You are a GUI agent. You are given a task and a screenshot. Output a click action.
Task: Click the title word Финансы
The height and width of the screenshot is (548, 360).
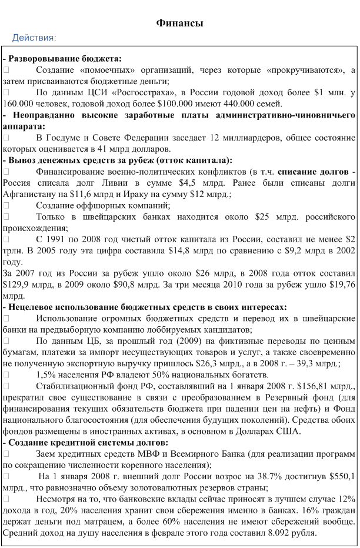click(180, 23)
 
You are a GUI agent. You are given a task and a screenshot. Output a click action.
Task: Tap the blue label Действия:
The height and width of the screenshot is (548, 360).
click(34, 38)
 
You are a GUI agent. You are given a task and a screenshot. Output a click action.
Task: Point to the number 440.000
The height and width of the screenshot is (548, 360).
click(238, 103)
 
